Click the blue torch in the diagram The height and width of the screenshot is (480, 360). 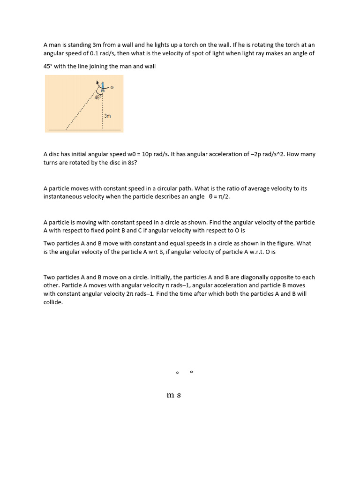coord(102,87)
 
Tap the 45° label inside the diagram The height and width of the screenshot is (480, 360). coord(97,97)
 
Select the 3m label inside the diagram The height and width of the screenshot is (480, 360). coord(108,116)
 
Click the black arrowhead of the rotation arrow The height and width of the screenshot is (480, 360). coord(97,83)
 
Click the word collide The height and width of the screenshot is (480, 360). coord(53,302)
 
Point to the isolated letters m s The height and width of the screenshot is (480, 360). coord(173,395)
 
